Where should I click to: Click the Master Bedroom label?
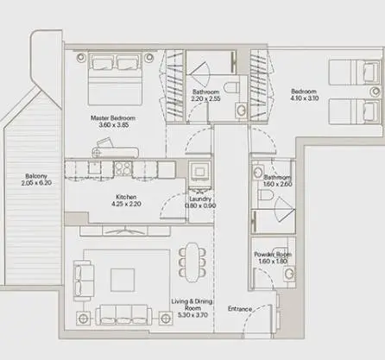pyautogui.click(x=113, y=118)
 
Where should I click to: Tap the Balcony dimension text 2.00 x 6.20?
pyautogui.click(x=36, y=183)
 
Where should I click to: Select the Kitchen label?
pyautogui.click(x=126, y=197)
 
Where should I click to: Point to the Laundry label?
pyautogui.click(x=200, y=199)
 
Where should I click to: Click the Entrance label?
pyautogui.click(x=240, y=309)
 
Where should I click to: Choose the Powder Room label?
pyautogui.click(x=273, y=255)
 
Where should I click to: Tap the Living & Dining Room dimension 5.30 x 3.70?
pyautogui.click(x=192, y=315)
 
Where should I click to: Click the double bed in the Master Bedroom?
pyautogui.click(x=115, y=79)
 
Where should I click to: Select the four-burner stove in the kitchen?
pyautogui.click(x=123, y=168)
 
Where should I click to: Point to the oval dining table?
pyautogui.click(x=192, y=262)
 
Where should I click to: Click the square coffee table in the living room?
pyautogui.click(x=123, y=280)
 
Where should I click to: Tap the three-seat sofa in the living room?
pyautogui.click(x=123, y=315)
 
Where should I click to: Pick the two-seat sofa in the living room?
pyautogui.click(x=84, y=281)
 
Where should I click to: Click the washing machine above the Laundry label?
pyautogui.click(x=199, y=172)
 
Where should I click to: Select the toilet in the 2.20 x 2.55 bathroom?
pyautogui.click(x=230, y=87)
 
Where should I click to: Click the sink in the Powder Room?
pyautogui.click(x=289, y=274)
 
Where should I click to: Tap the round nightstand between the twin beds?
pyautogui.click(x=376, y=92)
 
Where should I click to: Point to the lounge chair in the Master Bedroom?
pyautogui.click(x=115, y=148)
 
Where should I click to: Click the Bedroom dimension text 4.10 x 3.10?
pyautogui.click(x=305, y=98)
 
